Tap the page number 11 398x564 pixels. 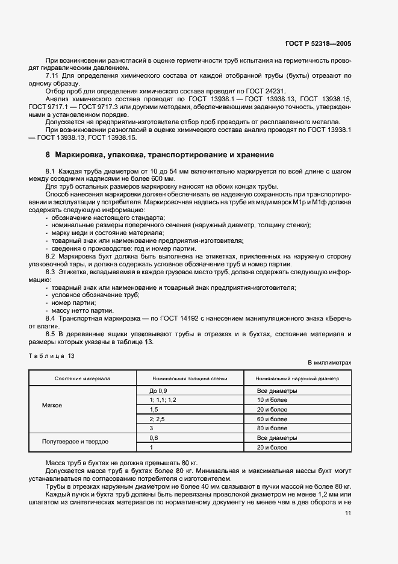[348, 513]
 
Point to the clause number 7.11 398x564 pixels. [52, 75]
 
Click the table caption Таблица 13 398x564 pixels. [51, 356]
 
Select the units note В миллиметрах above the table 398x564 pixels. [329, 363]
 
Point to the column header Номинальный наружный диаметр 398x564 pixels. [297, 379]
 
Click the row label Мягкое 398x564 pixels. [52, 406]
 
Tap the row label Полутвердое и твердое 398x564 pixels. [75, 442]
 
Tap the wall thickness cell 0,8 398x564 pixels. [145, 437]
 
